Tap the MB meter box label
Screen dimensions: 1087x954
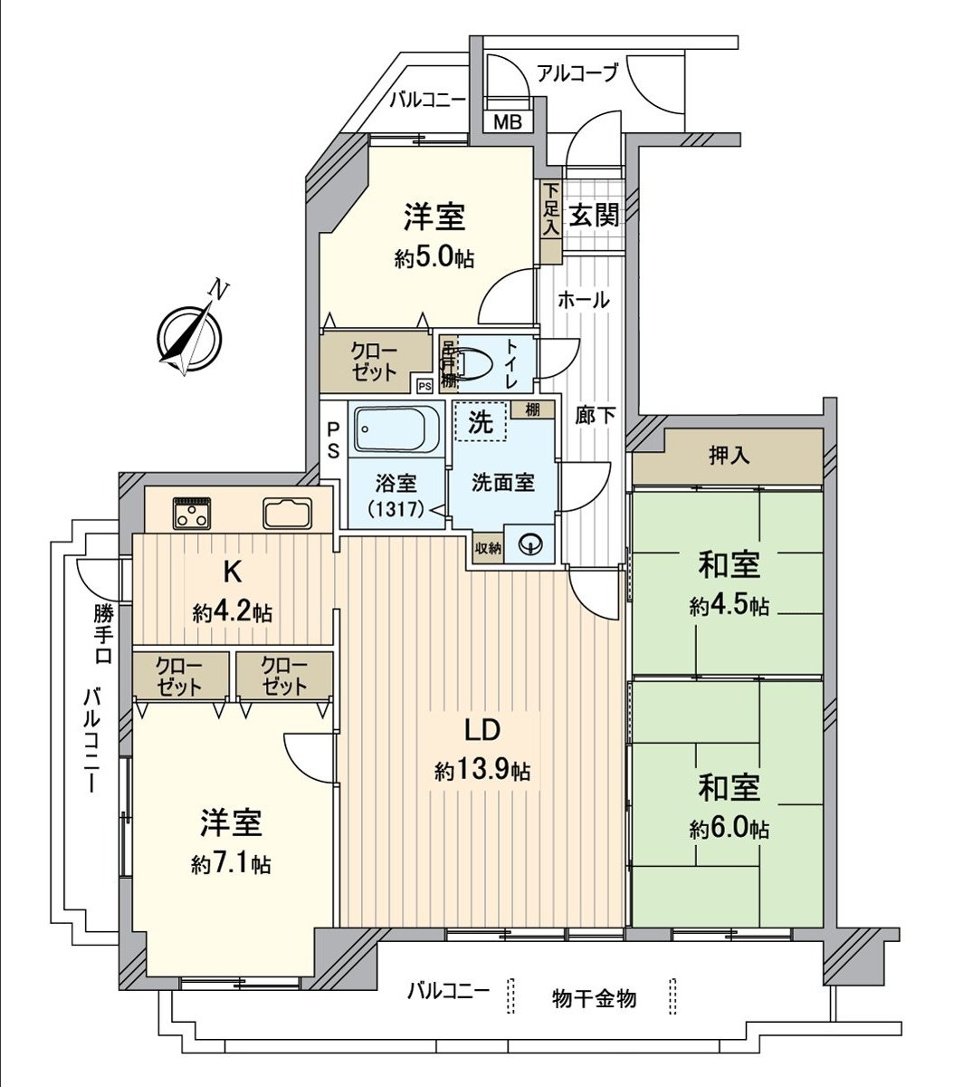[x=507, y=122]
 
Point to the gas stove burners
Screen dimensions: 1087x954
[x=191, y=514]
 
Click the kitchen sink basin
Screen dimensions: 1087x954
[x=287, y=513]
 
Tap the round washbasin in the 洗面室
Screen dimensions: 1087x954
[x=529, y=543]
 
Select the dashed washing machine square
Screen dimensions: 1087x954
[x=480, y=421]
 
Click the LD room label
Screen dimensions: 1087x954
[x=482, y=730]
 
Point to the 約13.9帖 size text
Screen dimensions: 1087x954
[x=482, y=772]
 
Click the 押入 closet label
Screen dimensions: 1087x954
[x=729, y=456]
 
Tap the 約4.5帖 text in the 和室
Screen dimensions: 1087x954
[x=729, y=606]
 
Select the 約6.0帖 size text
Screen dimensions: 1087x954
[x=729, y=829]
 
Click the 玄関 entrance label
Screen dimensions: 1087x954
[x=595, y=215]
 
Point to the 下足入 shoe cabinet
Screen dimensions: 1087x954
[x=550, y=210]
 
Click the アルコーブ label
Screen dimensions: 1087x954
[x=577, y=72]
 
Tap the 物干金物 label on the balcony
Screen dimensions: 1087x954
[x=594, y=998]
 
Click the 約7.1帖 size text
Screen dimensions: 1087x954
[x=231, y=864]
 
